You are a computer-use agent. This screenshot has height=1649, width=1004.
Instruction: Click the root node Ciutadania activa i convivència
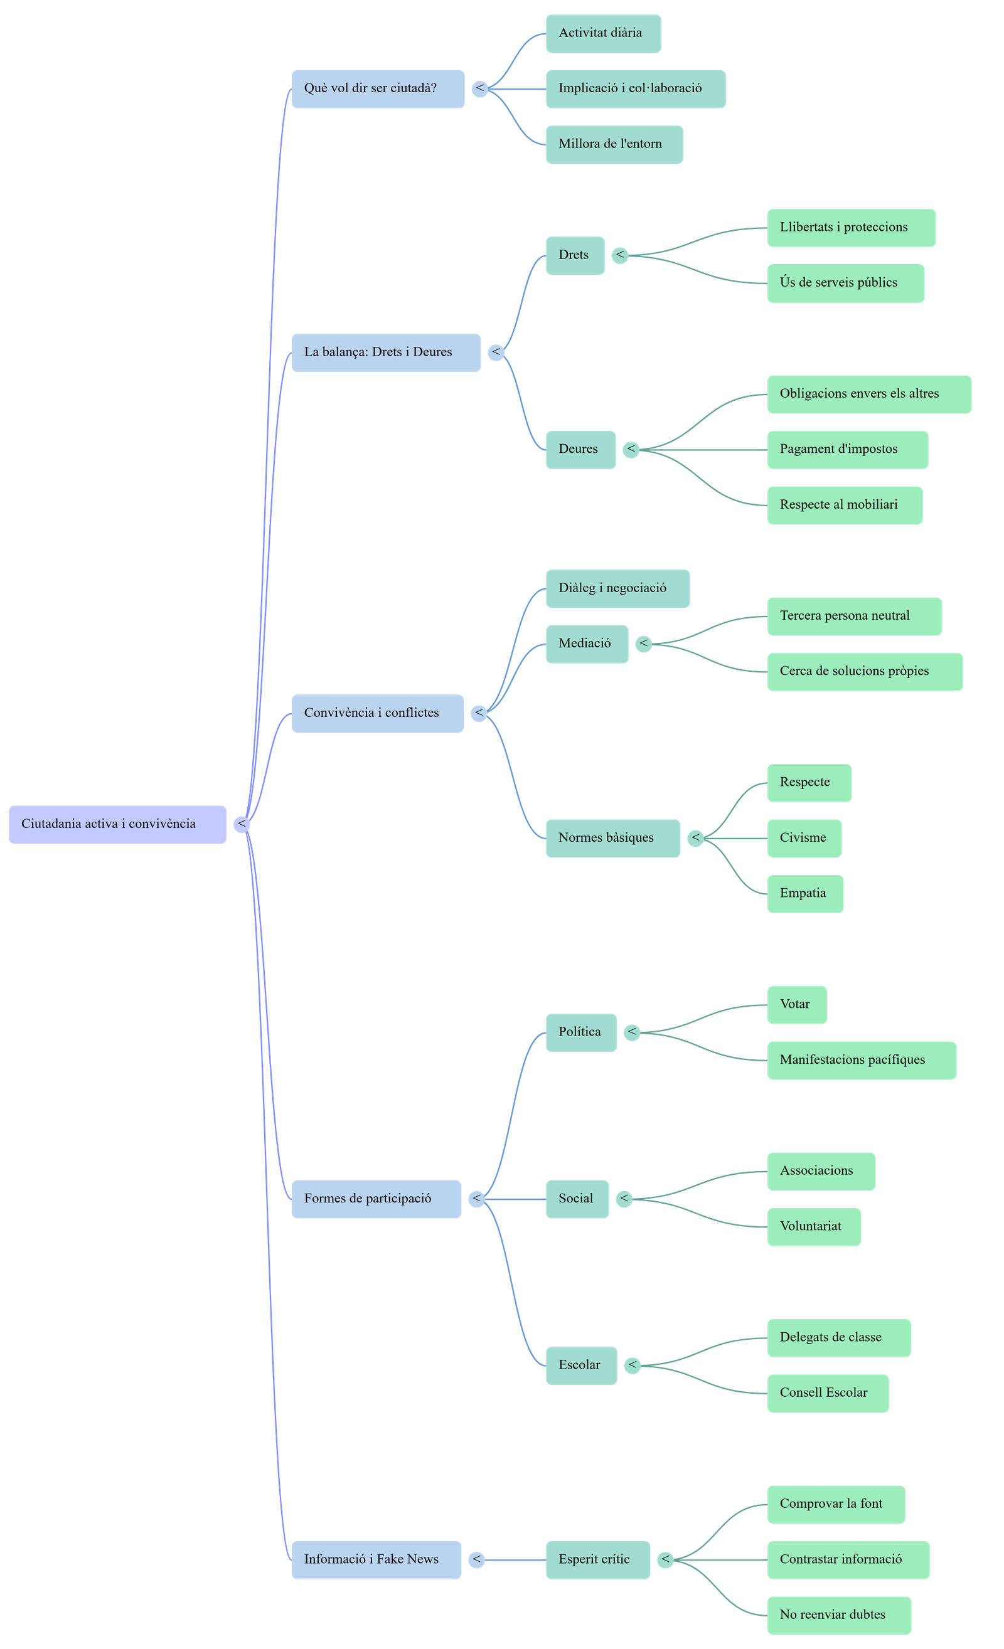(117, 824)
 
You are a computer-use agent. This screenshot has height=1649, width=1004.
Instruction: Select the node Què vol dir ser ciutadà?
(378, 88)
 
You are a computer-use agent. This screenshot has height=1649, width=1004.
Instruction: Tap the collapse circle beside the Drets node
(621, 255)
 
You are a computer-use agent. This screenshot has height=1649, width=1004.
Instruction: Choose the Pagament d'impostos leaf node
(846, 450)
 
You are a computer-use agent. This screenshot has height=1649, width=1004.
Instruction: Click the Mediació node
(586, 644)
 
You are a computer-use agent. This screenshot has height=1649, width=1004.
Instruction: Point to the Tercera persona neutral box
(853, 617)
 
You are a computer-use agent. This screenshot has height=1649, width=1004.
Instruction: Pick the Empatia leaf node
(804, 893)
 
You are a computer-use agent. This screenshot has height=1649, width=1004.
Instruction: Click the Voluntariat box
(813, 1227)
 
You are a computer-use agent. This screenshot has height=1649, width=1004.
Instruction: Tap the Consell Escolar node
(827, 1393)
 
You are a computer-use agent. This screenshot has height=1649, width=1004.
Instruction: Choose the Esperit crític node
(597, 1560)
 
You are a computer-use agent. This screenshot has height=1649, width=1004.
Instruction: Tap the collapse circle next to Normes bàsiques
(696, 838)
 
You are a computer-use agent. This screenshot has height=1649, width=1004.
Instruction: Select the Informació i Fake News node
(375, 1560)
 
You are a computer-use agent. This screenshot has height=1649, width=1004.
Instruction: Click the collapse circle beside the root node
(242, 824)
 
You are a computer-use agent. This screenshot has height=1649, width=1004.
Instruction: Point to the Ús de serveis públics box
(845, 283)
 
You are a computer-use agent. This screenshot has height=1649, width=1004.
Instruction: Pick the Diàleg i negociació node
(617, 588)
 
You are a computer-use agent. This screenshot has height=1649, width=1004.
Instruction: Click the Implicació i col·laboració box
(635, 88)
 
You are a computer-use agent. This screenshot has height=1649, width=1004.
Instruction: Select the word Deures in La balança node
(432, 352)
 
